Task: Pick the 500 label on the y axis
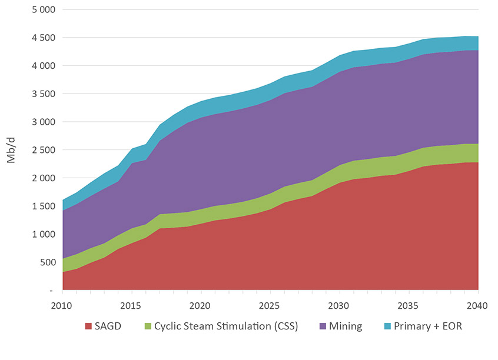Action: (47, 262)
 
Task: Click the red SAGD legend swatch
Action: (89, 326)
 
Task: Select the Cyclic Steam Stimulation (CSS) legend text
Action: (226, 326)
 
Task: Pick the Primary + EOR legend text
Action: (428, 326)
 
